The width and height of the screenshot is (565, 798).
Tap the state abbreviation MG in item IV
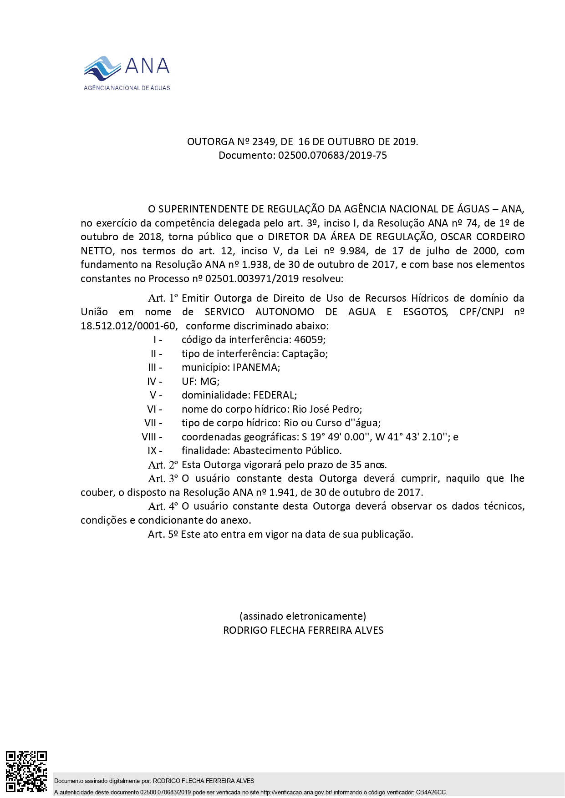click(x=209, y=381)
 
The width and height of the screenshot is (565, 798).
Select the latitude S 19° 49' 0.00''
click(x=336, y=437)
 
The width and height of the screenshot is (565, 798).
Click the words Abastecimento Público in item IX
click(x=287, y=451)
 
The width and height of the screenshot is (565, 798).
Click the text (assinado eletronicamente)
click(x=303, y=616)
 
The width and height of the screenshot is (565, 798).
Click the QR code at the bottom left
click(x=26, y=772)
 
